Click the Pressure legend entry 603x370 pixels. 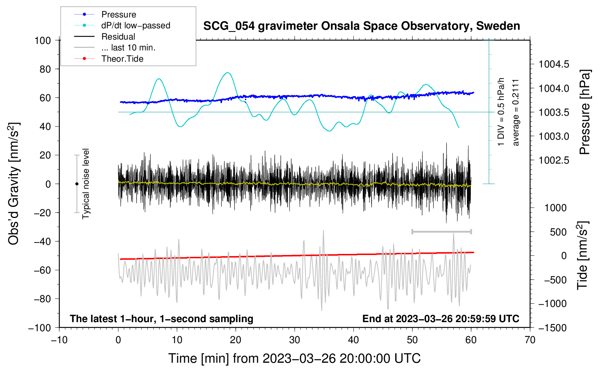tap(118, 15)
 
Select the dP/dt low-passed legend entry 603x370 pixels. tap(135, 25)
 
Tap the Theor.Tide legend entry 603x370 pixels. tap(122, 59)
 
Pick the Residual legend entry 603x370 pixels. tap(118, 37)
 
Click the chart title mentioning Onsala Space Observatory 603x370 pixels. tap(361, 26)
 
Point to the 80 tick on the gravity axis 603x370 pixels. tap(43, 69)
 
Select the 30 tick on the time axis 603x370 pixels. tap(295, 340)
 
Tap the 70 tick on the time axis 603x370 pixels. tap(530, 340)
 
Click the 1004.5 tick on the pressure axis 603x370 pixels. tap(554, 65)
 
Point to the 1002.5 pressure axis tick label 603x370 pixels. tap(554, 160)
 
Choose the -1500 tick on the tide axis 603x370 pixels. tap(553, 328)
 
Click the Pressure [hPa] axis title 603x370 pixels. tap(585, 112)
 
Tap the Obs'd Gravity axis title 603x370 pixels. tap(14, 184)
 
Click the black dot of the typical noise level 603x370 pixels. tap(77, 184)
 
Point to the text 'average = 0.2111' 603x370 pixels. tap(516, 112)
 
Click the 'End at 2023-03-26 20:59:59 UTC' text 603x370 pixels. tap(441, 318)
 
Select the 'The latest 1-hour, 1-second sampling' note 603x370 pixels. tap(162, 318)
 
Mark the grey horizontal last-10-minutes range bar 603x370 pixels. tap(441, 231)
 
